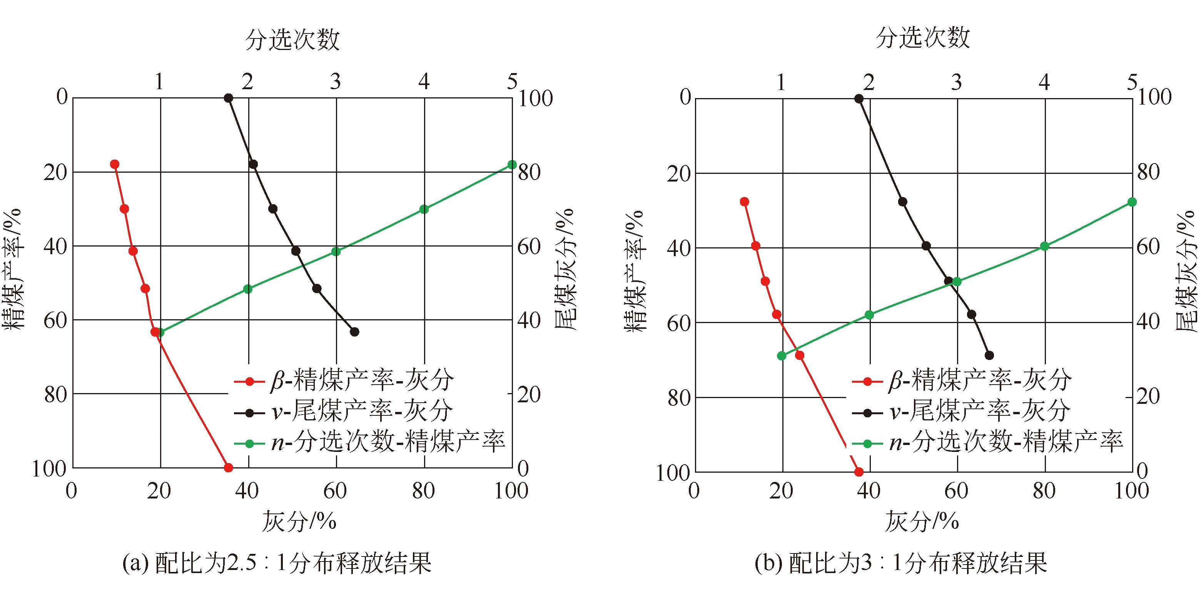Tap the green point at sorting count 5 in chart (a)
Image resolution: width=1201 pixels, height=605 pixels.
(x=512, y=165)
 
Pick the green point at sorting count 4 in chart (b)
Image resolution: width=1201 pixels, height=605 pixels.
(x=1045, y=246)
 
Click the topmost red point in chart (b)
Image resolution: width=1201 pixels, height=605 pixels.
(x=745, y=202)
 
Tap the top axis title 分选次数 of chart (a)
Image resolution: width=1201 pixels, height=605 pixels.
(x=292, y=39)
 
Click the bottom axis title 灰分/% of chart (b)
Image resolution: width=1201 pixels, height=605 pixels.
(x=922, y=521)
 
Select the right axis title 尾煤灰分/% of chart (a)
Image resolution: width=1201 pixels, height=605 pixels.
(x=565, y=269)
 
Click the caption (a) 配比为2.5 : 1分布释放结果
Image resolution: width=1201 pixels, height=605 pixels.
(x=277, y=563)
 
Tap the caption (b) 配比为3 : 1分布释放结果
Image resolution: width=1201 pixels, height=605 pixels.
(x=901, y=563)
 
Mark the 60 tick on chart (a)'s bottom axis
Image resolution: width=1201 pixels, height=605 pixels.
(x=335, y=491)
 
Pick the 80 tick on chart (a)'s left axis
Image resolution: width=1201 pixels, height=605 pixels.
(x=56, y=394)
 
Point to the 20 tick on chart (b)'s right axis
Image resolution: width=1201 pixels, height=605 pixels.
(x=1148, y=396)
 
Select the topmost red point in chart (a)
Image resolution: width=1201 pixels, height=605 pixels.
(x=115, y=164)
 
